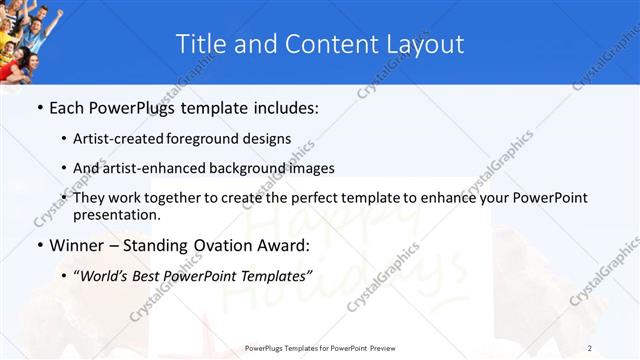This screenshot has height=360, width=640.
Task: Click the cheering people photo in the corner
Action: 30,40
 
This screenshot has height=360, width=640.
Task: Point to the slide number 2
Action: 590,347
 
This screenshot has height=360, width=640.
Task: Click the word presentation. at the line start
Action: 116,215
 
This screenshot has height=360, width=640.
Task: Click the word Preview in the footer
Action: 382,347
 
